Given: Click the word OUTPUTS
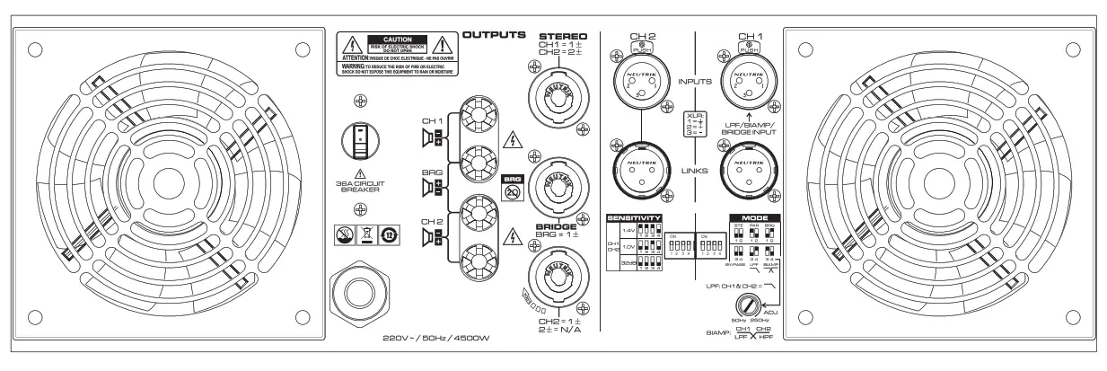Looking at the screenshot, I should click(x=493, y=35).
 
